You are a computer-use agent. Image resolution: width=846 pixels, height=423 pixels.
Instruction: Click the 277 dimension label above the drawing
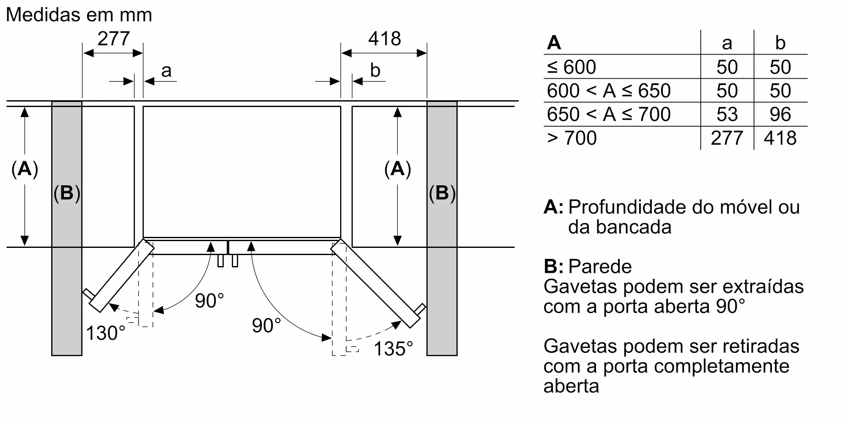113,39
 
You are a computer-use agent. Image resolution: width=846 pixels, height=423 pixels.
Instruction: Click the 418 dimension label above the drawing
384,39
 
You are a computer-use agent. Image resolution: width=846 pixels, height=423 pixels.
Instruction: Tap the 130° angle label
105,333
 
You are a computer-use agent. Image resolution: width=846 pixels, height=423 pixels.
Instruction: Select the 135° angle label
393,349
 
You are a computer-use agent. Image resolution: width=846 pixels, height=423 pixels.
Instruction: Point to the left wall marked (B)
67,228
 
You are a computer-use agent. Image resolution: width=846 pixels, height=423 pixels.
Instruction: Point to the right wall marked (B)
442,228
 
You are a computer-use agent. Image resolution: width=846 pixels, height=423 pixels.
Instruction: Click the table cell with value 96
780,114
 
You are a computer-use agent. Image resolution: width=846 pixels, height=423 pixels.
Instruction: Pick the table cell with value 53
727,114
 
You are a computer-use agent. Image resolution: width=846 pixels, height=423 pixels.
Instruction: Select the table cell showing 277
727,138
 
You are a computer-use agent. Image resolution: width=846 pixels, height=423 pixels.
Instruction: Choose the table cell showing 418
780,138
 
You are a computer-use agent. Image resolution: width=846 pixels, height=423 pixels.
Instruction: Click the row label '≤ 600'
571,67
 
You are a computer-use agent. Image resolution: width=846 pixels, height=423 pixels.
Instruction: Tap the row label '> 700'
571,138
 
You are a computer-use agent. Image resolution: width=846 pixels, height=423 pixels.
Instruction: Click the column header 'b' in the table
780,43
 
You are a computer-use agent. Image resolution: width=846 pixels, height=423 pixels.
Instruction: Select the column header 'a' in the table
727,43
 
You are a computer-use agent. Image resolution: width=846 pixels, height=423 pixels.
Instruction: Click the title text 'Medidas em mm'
79,15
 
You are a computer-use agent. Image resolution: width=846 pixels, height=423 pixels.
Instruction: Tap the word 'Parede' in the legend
600,266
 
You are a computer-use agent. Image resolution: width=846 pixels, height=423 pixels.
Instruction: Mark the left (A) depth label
25,169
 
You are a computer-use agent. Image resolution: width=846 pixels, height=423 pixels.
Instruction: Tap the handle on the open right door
420,308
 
